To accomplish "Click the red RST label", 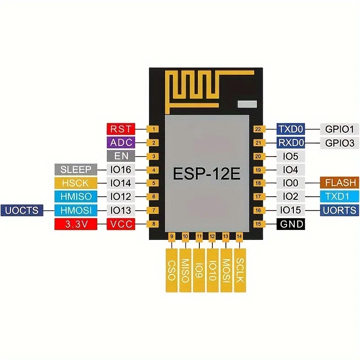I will pyautogui.click(x=121, y=129).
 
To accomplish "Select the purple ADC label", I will pyautogui.click(x=121, y=143).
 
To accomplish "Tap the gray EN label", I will pyautogui.click(x=121, y=156).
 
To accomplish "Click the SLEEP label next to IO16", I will pyautogui.click(x=76, y=170).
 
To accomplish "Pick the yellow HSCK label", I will pyautogui.click(x=76, y=183).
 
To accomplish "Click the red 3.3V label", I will pyautogui.click(x=76, y=224).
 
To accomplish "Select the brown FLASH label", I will pyautogui.click(x=340, y=183).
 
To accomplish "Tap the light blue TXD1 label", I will pyautogui.click(x=340, y=197).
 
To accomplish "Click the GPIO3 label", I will pyautogui.click(x=340, y=143).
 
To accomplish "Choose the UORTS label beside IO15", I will pyautogui.click(x=340, y=210).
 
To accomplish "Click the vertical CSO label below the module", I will pyautogui.click(x=171, y=270).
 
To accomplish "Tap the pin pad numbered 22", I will pyautogui.click(x=258, y=129).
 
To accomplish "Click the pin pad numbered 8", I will pyautogui.click(x=154, y=224).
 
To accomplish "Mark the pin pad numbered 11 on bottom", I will pyautogui.click(x=199, y=236).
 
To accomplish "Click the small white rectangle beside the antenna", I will pyautogui.click(x=246, y=104).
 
